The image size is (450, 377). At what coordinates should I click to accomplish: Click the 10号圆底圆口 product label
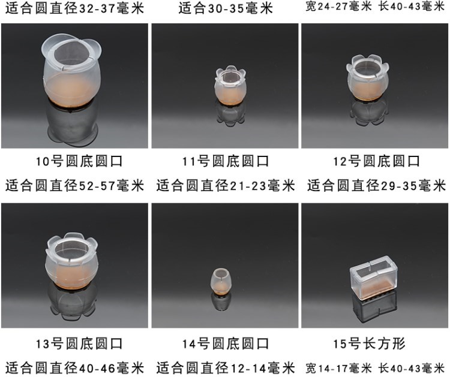tap(79, 161)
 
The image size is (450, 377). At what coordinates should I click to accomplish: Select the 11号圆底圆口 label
tap(226, 161)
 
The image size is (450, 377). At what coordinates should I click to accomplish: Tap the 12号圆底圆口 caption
tap(376, 161)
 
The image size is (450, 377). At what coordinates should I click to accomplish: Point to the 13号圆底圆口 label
tap(79, 344)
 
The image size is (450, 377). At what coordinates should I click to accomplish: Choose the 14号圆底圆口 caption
tap(226, 344)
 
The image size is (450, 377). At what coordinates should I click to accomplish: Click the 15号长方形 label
tap(369, 344)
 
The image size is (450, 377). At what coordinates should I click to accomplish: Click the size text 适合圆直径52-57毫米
tap(74, 185)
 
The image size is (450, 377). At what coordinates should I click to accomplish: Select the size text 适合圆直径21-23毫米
tap(226, 185)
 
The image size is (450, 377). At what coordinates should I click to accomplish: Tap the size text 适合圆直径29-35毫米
tap(377, 185)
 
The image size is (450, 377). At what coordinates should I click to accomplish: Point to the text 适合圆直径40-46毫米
tap(74, 368)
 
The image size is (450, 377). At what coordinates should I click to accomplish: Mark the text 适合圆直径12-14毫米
tap(226, 368)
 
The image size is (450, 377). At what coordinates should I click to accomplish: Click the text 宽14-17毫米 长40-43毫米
tap(375, 368)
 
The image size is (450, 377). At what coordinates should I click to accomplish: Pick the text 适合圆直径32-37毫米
tap(74, 8)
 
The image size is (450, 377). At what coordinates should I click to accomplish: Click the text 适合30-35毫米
tap(226, 8)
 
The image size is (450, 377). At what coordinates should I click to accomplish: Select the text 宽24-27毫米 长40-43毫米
tap(375, 7)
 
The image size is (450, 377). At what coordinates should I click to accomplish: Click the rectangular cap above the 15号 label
tap(374, 279)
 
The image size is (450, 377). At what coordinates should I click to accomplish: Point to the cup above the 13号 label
tap(72, 261)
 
